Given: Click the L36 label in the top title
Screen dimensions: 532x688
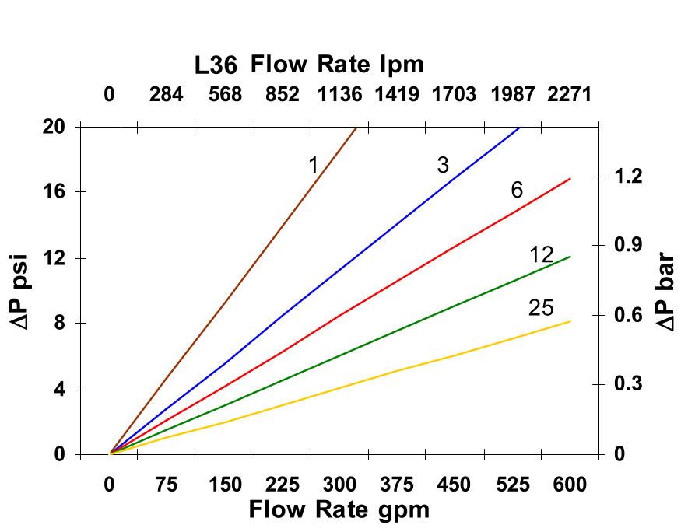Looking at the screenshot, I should point(216,65).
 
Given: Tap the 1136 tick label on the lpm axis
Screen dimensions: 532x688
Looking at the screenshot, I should point(339,95).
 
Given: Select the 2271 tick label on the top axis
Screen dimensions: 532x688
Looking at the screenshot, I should point(569,95).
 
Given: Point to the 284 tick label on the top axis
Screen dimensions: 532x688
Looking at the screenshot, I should point(167,95).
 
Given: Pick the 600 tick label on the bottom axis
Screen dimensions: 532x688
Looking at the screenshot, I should point(569,485).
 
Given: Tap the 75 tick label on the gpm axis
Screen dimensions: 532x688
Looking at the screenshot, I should point(167,485).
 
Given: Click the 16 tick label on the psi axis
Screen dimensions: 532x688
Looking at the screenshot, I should point(54,191).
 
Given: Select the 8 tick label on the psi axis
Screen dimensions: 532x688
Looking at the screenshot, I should point(59,323).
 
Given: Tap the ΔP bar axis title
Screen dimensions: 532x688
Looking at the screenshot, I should point(666,291).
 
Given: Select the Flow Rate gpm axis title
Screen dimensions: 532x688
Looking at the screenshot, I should point(339,510).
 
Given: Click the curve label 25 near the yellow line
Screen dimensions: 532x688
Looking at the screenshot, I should point(541,309).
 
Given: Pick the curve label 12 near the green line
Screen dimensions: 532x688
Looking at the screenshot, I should point(541,255).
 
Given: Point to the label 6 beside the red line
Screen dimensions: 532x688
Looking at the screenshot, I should point(517,190).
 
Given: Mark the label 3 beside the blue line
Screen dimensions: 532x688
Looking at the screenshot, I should point(443,165).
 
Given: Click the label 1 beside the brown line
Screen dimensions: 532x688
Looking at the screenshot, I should point(313,165).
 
